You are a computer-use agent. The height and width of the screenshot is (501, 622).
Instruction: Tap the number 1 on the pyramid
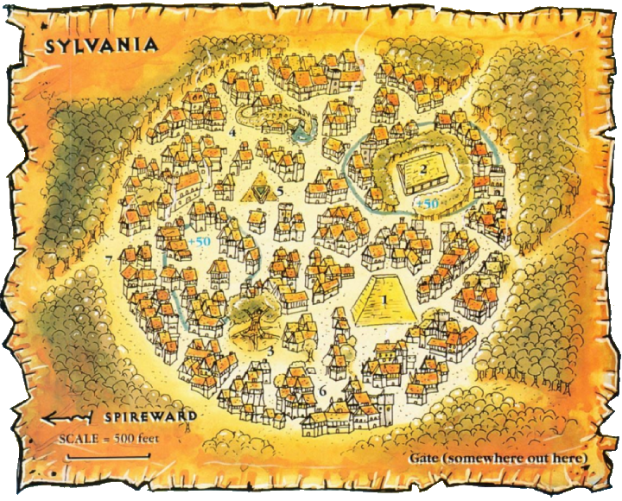(x=383, y=300)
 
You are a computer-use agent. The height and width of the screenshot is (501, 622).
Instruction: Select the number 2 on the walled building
(x=423, y=169)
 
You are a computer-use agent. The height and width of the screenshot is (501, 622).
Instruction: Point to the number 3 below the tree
(x=270, y=351)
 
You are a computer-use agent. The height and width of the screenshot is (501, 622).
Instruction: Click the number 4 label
(x=233, y=132)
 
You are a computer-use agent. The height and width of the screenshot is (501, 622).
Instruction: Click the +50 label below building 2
(x=426, y=202)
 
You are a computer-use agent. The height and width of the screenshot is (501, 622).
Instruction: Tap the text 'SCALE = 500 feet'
(x=108, y=436)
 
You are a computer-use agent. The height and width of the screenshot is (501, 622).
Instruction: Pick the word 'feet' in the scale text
(x=143, y=436)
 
